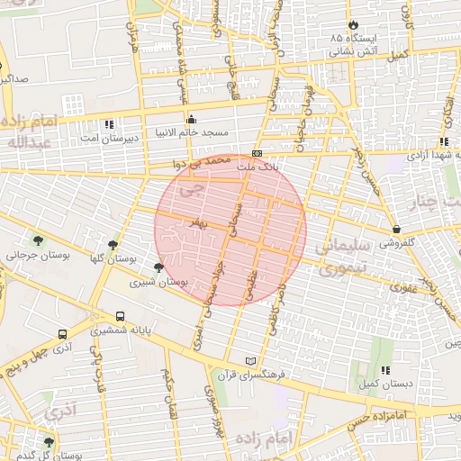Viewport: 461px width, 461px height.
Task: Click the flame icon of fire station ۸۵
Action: [352, 24]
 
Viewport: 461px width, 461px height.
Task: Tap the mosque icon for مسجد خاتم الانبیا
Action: [191, 120]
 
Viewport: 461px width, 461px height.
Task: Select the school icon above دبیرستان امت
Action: [110, 124]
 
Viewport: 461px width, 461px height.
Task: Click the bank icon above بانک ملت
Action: [257, 153]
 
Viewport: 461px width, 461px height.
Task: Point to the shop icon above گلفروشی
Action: [396, 229]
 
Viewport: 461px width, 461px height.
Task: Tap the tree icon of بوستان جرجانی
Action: [38, 240]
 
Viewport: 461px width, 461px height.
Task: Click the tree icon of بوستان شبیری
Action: [159, 267]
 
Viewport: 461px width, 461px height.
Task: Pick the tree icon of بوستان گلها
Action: [113, 244]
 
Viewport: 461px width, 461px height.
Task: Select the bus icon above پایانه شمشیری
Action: [121, 316]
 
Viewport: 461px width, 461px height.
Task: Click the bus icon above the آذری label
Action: [61, 331]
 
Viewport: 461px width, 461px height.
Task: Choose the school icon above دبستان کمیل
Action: [385, 369]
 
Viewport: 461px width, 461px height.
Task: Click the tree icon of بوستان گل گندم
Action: [49, 442]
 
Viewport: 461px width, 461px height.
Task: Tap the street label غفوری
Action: [401, 288]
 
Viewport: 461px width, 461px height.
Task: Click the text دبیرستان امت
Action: [106, 139]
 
